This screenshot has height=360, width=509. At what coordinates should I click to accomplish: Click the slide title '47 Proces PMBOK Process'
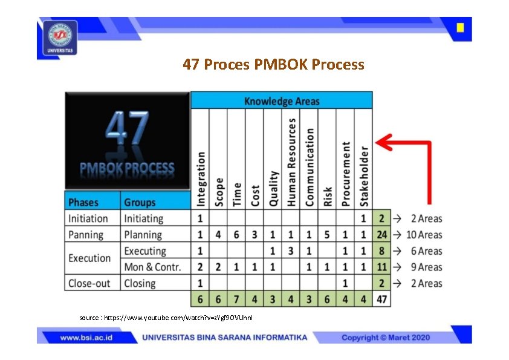click(x=273, y=64)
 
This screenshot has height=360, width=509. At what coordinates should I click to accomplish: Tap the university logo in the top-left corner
click(x=60, y=37)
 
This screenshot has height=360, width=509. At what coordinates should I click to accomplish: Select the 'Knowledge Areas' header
click(x=282, y=101)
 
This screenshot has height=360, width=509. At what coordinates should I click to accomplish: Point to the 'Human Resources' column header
click(x=291, y=162)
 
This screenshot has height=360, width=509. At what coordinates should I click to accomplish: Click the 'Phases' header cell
click(x=83, y=202)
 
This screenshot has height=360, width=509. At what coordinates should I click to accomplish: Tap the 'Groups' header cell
click(x=140, y=202)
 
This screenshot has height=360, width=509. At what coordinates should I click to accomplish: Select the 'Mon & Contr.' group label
click(x=152, y=267)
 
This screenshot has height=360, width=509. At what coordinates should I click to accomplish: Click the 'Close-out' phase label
click(x=89, y=283)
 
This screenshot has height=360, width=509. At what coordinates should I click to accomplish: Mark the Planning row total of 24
click(x=382, y=235)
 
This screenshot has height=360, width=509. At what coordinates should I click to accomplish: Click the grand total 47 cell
click(x=382, y=299)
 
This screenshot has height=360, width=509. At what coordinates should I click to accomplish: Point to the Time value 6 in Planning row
click(x=236, y=235)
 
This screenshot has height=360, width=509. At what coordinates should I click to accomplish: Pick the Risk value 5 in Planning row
click(x=328, y=235)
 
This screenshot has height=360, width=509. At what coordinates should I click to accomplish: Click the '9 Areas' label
click(x=426, y=267)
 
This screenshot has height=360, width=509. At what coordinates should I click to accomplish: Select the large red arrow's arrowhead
click(x=383, y=143)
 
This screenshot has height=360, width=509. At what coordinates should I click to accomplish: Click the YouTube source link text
click(x=166, y=317)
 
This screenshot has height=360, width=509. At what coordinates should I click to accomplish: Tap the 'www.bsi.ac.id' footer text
click(x=86, y=338)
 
